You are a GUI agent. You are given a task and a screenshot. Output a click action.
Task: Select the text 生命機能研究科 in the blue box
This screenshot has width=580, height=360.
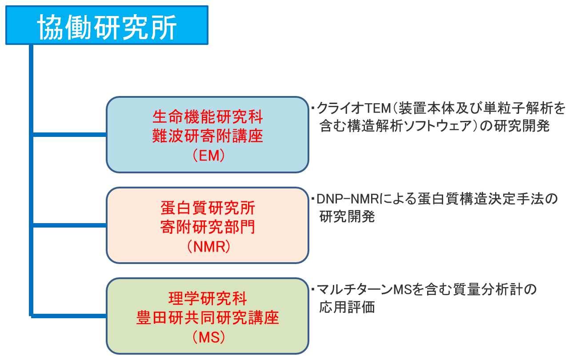208,118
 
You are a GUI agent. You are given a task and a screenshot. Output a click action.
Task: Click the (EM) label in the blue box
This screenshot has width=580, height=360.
208,155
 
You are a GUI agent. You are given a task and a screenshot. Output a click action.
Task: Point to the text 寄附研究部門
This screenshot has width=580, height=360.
208,227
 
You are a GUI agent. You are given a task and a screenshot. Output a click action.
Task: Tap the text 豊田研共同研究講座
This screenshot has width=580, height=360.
208,318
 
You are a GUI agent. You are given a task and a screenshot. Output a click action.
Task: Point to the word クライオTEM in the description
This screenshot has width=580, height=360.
347,108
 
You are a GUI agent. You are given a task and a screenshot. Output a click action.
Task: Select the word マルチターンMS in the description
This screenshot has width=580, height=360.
360,290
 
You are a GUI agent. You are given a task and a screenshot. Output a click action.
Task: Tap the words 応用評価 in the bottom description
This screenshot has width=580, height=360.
347,307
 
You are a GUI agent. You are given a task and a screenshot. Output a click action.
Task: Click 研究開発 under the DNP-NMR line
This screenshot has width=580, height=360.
347,216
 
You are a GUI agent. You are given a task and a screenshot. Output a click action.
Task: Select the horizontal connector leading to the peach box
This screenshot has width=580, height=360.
69,225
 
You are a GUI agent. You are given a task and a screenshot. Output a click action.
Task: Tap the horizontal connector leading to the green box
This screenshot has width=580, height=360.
69,316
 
